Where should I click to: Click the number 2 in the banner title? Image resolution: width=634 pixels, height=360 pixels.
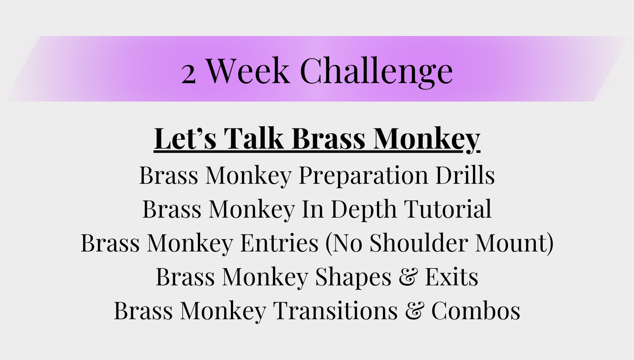coord(188,74)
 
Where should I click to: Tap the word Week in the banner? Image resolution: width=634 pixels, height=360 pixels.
coord(248,71)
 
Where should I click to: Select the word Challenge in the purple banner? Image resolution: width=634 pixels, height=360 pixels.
coord(377,72)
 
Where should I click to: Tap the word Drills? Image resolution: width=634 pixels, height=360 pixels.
coord(465,175)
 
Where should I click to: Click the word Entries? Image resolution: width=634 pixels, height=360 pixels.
coord(279,243)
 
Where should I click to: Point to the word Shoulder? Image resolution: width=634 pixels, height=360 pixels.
coord(419,243)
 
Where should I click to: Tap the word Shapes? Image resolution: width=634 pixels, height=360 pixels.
coord(353,278)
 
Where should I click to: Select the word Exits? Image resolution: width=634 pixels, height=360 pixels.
coord(452,277)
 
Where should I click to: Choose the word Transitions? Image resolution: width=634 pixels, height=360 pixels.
coord(335,310)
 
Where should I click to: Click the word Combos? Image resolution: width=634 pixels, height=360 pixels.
coord(476,310)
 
